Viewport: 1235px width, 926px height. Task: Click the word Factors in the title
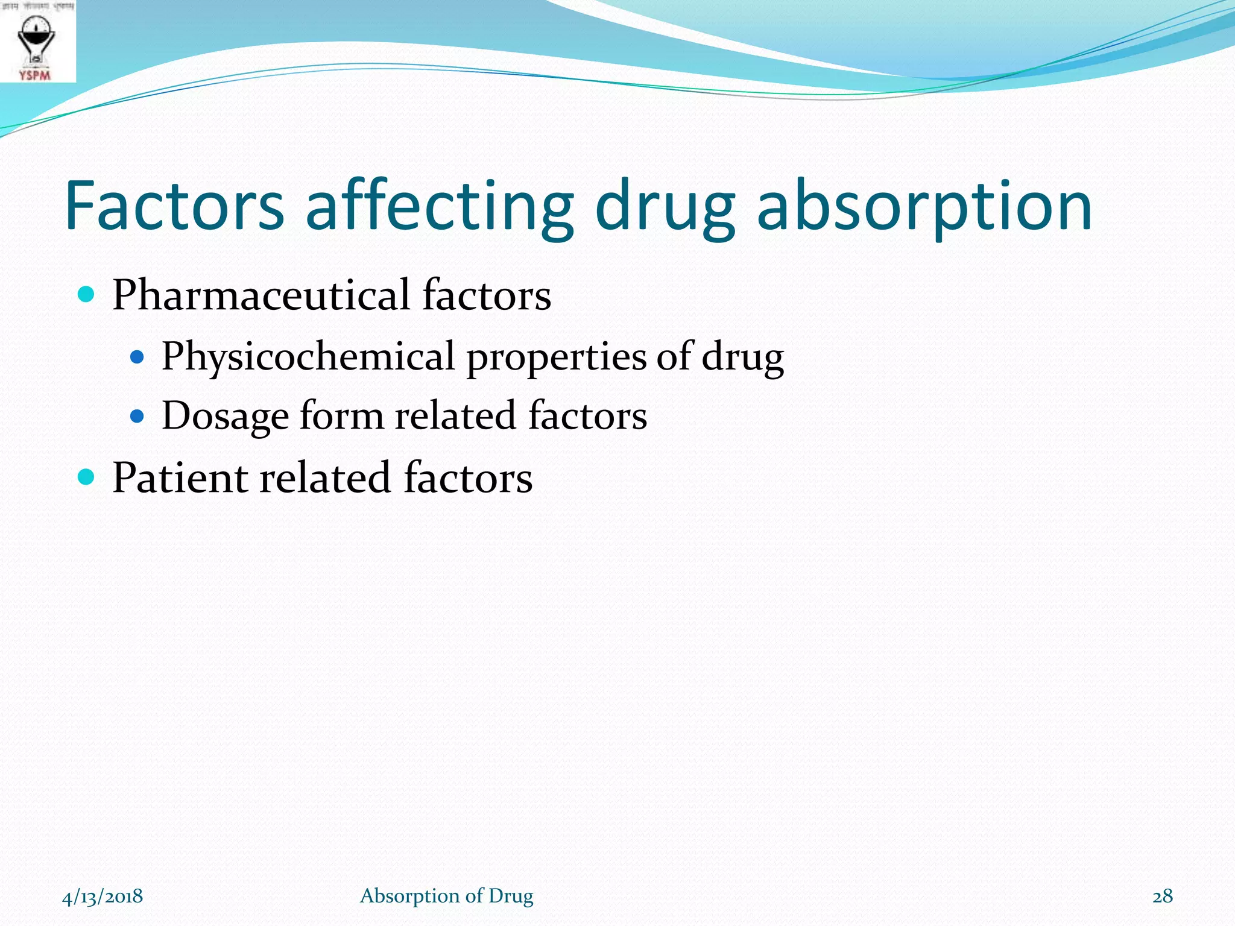click(174, 206)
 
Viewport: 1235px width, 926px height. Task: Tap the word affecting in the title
click(440, 206)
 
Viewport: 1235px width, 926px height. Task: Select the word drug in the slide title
click(665, 206)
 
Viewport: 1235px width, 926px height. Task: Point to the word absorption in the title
click(924, 206)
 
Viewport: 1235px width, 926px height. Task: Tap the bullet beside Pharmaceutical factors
click(87, 295)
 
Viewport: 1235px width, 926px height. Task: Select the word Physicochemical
click(308, 357)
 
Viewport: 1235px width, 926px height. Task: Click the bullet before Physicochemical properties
click(137, 357)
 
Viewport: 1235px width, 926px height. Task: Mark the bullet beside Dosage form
click(137, 416)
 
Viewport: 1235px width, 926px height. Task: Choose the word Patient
click(180, 478)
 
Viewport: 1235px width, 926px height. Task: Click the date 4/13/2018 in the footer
click(103, 896)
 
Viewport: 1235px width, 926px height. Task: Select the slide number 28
click(1163, 896)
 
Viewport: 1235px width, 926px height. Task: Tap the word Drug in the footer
click(511, 896)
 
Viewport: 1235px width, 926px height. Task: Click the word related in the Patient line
click(326, 478)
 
